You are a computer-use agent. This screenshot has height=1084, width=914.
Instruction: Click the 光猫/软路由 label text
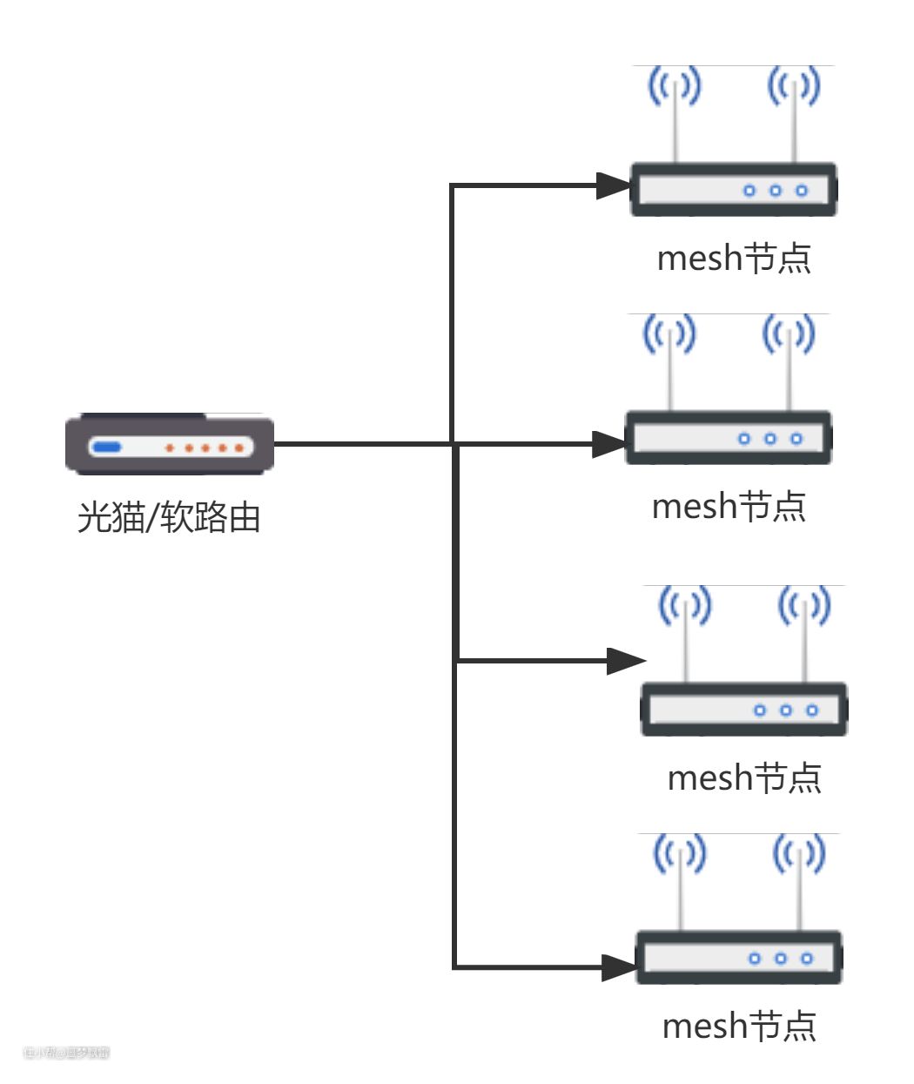(169, 517)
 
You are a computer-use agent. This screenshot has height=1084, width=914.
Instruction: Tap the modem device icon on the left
(170, 445)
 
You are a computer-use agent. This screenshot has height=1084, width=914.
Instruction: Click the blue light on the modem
(107, 448)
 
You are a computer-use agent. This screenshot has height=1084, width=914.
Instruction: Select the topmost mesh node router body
(733, 190)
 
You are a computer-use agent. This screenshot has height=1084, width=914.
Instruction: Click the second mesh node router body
(728, 438)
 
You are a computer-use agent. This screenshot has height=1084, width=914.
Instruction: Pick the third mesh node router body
(743, 710)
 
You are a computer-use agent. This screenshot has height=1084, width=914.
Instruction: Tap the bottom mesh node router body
(738, 958)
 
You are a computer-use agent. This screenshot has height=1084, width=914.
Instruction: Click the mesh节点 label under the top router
(734, 259)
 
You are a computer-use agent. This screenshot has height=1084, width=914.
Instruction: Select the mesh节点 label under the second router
(729, 507)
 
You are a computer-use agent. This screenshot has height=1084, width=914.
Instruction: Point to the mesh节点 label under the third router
(744, 778)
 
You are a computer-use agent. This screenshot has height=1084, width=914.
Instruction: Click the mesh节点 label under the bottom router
(739, 1027)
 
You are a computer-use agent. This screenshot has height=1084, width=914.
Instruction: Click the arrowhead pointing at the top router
(613, 185)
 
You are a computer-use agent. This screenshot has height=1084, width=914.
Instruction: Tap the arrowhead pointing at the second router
(608, 444)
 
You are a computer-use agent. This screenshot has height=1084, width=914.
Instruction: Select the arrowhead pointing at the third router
(625, 661)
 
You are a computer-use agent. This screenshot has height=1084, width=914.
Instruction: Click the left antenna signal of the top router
(675, 86)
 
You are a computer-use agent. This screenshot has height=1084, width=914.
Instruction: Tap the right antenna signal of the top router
(793, 86)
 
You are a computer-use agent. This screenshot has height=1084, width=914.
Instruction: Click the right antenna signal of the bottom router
(798, 854)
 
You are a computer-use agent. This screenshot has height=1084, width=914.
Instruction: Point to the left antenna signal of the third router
(685, 606)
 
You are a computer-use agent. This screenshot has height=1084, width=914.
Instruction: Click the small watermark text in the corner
(66, 1053)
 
